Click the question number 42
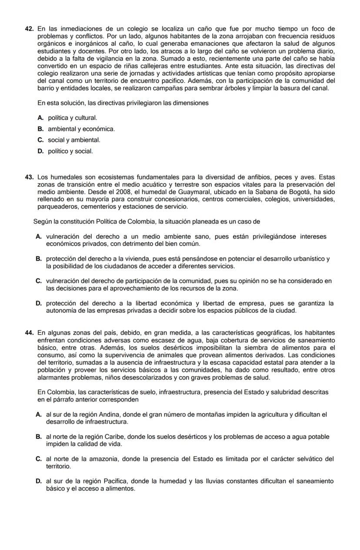(30, 29)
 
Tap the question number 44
(30, 333)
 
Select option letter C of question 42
(40, 140)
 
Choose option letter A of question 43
(39, 236)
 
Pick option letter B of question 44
(39, 437)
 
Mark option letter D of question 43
(39, 303)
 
